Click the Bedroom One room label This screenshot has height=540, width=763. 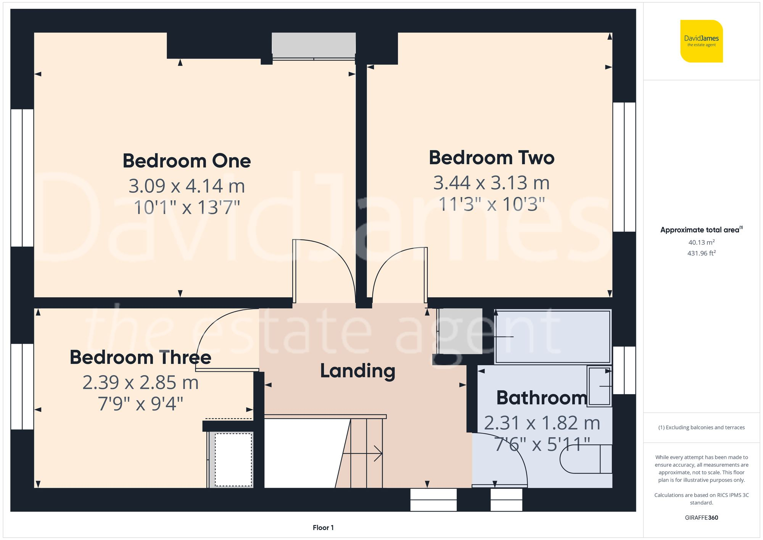187,161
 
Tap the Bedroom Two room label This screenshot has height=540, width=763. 491,158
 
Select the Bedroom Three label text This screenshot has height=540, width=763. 140,358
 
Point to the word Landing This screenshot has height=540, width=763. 357,371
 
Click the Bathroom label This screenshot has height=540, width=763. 541,398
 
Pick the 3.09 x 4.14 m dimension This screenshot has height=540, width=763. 187,186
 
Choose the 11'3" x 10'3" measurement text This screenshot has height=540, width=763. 491,204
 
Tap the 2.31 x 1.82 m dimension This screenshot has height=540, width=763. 542,423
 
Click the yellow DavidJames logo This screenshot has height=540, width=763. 701,41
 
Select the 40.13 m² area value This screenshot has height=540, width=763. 701,242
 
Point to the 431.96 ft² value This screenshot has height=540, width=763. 701,253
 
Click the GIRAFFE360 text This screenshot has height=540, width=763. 701,517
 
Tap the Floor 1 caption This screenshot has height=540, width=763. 323,527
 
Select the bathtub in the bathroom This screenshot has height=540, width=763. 552,337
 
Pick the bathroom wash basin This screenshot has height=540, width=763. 599,386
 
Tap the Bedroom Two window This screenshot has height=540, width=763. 624,167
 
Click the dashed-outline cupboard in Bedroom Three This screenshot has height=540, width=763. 233,459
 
